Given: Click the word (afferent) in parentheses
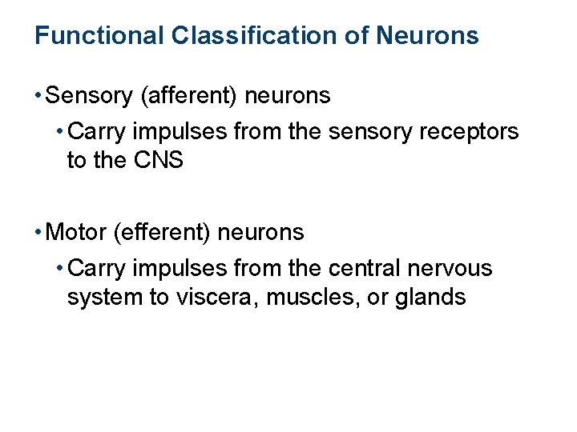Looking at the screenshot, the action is pos(188,96).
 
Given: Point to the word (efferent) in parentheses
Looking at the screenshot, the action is pos(163,233).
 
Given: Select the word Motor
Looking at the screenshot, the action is pos(78,233).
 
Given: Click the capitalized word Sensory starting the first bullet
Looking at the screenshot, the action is pos(90,96).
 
